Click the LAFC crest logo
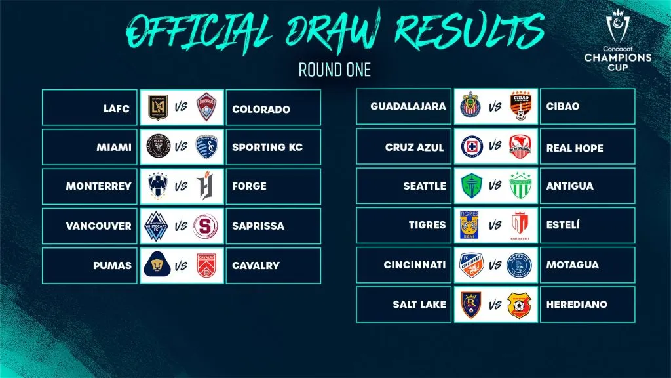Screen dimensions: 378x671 (157, 108)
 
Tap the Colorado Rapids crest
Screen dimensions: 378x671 (206, 108)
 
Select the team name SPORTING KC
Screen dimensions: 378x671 (267, 148)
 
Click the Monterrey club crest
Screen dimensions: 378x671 (157, 186)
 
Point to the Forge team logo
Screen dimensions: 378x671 (206, 186)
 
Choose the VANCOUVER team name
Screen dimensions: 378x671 (98, 226)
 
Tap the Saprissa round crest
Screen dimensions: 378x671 (206, 226)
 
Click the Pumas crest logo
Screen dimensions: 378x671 (157, 265)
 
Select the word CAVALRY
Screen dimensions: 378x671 (256, 266)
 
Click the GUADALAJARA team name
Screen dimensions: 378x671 (408, 106)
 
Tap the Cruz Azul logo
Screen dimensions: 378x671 (471, 146)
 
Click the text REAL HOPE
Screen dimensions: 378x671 (574, 148)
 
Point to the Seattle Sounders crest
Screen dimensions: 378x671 (471, 186)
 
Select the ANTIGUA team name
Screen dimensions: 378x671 (569, 186)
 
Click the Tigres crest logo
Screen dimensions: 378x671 (471, 225)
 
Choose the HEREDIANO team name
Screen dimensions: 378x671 (577, 304)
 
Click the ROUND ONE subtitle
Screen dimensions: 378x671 (335, 70)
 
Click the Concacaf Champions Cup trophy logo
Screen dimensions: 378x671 (618, 30)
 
